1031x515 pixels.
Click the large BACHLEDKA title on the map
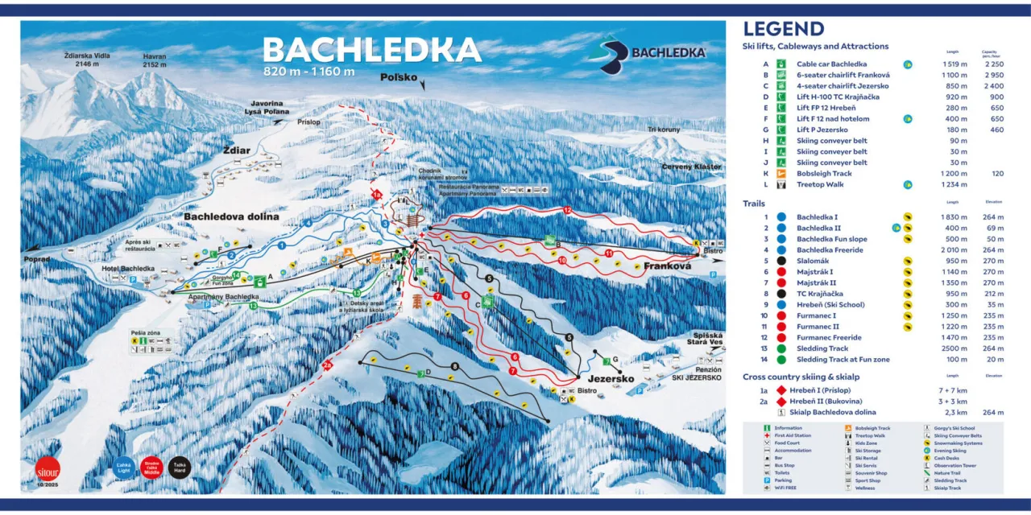tap(371, 50)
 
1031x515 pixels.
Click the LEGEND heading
tap(783, 30)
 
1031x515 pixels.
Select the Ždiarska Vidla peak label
tap(87, 60)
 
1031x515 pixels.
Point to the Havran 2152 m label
tap(155, 60)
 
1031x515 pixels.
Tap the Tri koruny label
tap(664, 130)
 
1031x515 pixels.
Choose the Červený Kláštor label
tap(689, 167)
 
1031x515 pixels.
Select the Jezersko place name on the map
tap(613, 378)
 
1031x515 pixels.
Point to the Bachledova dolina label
tap(231, 216)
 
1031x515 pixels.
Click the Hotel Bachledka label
tap(128, 268)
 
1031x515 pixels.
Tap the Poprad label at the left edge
tap(37, 259)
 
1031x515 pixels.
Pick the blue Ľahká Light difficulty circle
tap(123, 468)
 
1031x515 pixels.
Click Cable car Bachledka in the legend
tap(831, 64)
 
